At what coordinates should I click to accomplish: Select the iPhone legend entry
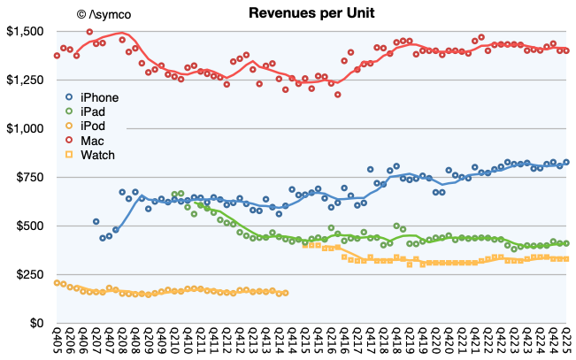(x=98, y=97)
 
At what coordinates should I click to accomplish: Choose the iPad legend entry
(x=94, y=112)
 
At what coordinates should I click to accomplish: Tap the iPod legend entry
(x=94, y=127)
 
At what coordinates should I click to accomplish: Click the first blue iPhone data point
(x=96, y=222)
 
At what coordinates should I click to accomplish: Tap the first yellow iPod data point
(x=57, y=283)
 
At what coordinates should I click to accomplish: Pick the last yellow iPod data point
(x=285, y=293)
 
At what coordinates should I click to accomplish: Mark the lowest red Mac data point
(x=337, y=95)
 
